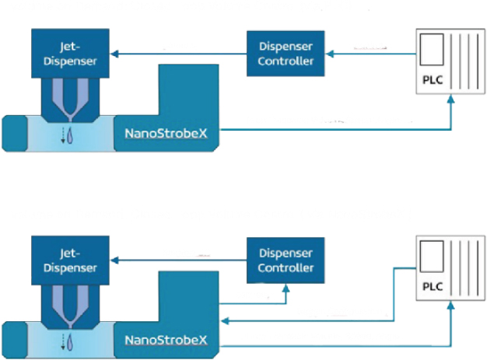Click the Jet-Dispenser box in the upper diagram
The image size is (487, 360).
point(68,54)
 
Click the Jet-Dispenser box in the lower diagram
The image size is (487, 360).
point(68,260)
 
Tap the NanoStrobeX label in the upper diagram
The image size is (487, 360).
point(165,133)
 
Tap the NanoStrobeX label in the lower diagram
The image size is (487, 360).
point(165,340)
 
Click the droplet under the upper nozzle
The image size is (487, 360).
point(72,137)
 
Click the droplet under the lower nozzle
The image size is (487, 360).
point(72,343)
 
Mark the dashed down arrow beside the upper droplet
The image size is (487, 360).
point(62,137)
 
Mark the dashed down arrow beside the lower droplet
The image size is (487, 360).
point(62,343)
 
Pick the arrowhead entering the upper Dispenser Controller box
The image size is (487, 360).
point(328,54)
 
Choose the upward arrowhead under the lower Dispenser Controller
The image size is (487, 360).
point(286,287)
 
